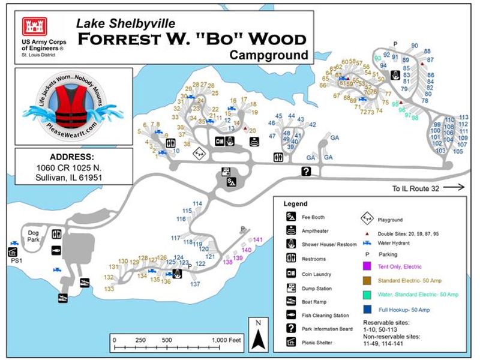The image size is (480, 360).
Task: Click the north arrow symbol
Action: tap(257, 335)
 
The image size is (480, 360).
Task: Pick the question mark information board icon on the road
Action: tap(306, 172)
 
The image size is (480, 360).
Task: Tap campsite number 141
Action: tap(258, 240)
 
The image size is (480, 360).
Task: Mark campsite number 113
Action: tap(463, 117)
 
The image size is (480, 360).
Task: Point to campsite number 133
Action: tap(109, 289)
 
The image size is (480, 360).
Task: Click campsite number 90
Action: tap(415, 46)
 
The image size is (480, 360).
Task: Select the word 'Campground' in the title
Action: tap(269, 55)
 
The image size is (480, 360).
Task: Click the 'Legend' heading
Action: tap(295, 204)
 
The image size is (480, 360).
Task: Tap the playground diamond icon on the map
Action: tap(199, 154)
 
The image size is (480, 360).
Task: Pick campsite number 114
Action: tap(197, 204)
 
